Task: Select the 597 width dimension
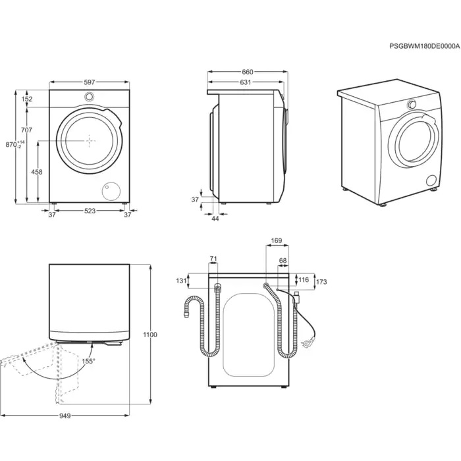(90, 82)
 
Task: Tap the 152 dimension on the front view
(27, 99)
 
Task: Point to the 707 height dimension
(27, 130)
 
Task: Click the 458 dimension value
(37, 172)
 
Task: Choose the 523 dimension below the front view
(90, 211)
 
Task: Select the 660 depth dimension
(248, 72)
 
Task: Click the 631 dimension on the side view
(245, 82)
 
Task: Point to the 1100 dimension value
(151, 335)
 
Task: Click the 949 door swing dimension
(65, 416)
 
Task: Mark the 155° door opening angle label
(89, 361)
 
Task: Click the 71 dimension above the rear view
(213, 259)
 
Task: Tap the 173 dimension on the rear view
(320, 281)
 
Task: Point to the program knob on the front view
(89, 97)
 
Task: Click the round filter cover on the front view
(108, 191)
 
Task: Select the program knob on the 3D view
(412, 105)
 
